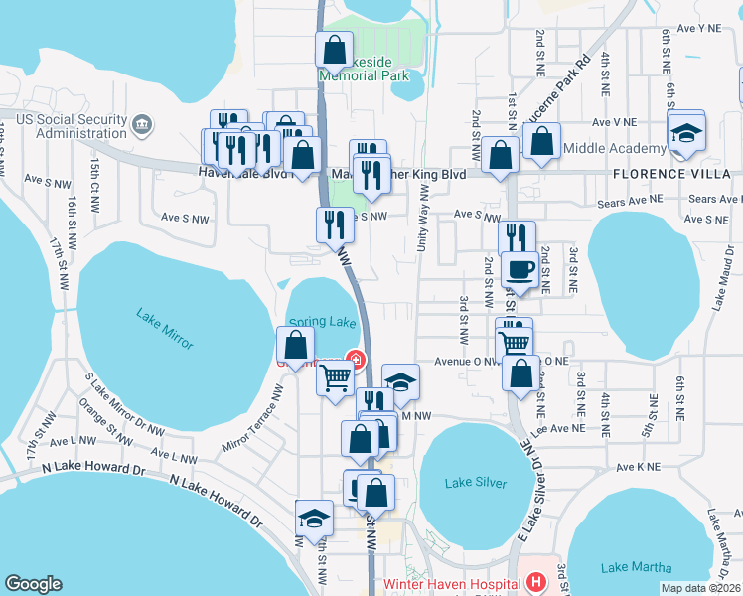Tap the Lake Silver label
pyautogui.click(x=476, y=483)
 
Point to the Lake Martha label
pyautogui.click(x=637, y=567)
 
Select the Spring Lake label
pyautogui.click(x=322, y=323)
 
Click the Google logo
pyautogui.click(x=33, y=584)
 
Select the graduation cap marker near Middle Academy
pyautogui.click(x=686, y=133)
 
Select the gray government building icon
pyautogui.click(x=142, y=125)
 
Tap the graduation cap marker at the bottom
pyautogui.click(x=315, y=520)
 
